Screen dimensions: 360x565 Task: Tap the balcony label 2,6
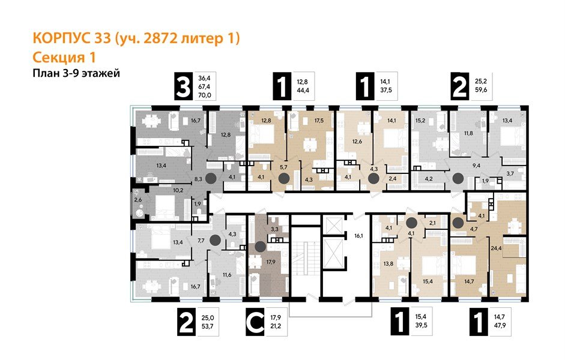pos(138,199)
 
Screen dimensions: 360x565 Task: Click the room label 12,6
pos(357,142)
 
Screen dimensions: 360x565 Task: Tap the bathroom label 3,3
pos(273,229)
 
